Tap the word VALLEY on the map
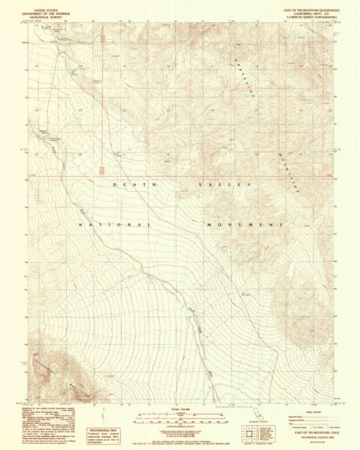(x=224, y=184)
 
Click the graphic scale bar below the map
(x=180, y=416)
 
